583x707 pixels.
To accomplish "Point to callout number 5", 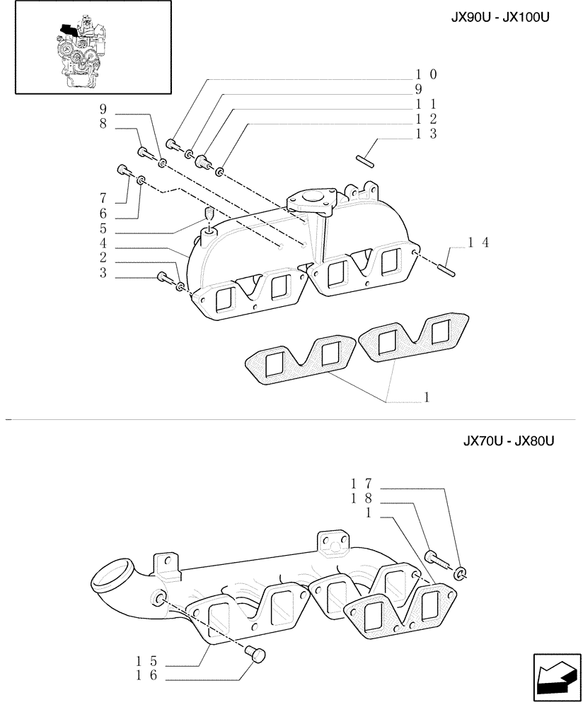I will click(103, 228).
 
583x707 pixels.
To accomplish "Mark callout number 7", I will click(103, 198).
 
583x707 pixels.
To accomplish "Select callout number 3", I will click(103, 274).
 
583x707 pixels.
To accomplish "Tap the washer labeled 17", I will click(461, 573).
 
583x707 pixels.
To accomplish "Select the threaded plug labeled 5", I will click(209, 214).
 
